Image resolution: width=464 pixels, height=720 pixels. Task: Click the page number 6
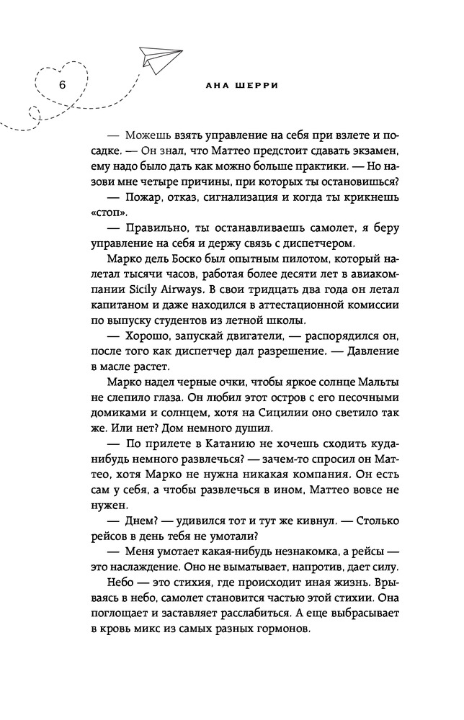pyautogui.click(x=62, y=85)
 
